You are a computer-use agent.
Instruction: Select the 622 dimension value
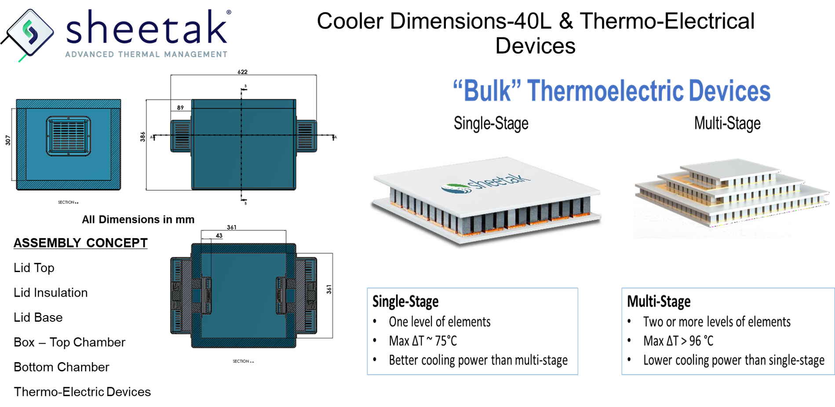tap(242, 72)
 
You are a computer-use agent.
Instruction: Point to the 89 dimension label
tap(180, 107)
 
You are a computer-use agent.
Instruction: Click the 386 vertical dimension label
tap(142, 137)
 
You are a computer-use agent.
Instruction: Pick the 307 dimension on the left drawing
tap(8, 140)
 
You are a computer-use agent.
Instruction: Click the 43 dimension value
tap(219, 236)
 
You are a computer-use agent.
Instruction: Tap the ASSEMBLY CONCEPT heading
tap(80, 243)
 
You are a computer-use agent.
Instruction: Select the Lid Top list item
tap(34, 268)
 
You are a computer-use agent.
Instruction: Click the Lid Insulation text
tap(51, 293)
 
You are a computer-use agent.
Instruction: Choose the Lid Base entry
tap(38, 317)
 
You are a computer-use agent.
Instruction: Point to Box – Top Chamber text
tap(69, 342)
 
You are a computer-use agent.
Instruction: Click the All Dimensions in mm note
tap(138, 219)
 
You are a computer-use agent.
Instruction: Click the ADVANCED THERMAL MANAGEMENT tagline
tap(146, 54)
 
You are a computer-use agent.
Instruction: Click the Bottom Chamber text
tap(61, 367)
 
